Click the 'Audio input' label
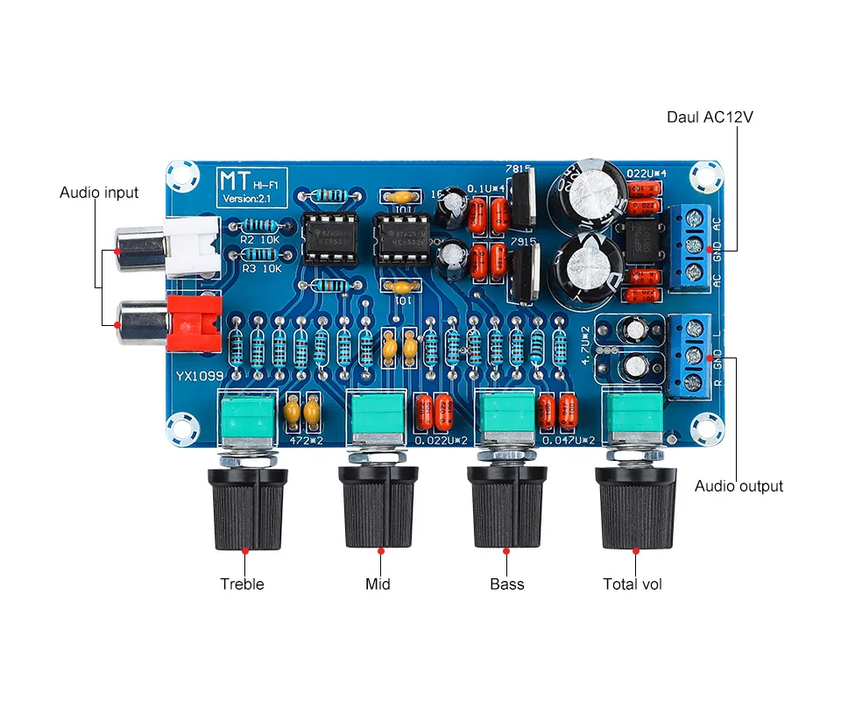[x=99, y=192]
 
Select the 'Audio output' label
[x=739, y=486]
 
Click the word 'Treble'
[x=242, y=584]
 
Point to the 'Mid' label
[x=378, y=584]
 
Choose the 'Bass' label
[x=506, y=584]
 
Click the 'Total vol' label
[x=633, y=584]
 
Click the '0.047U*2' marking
[x=569, y=440]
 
